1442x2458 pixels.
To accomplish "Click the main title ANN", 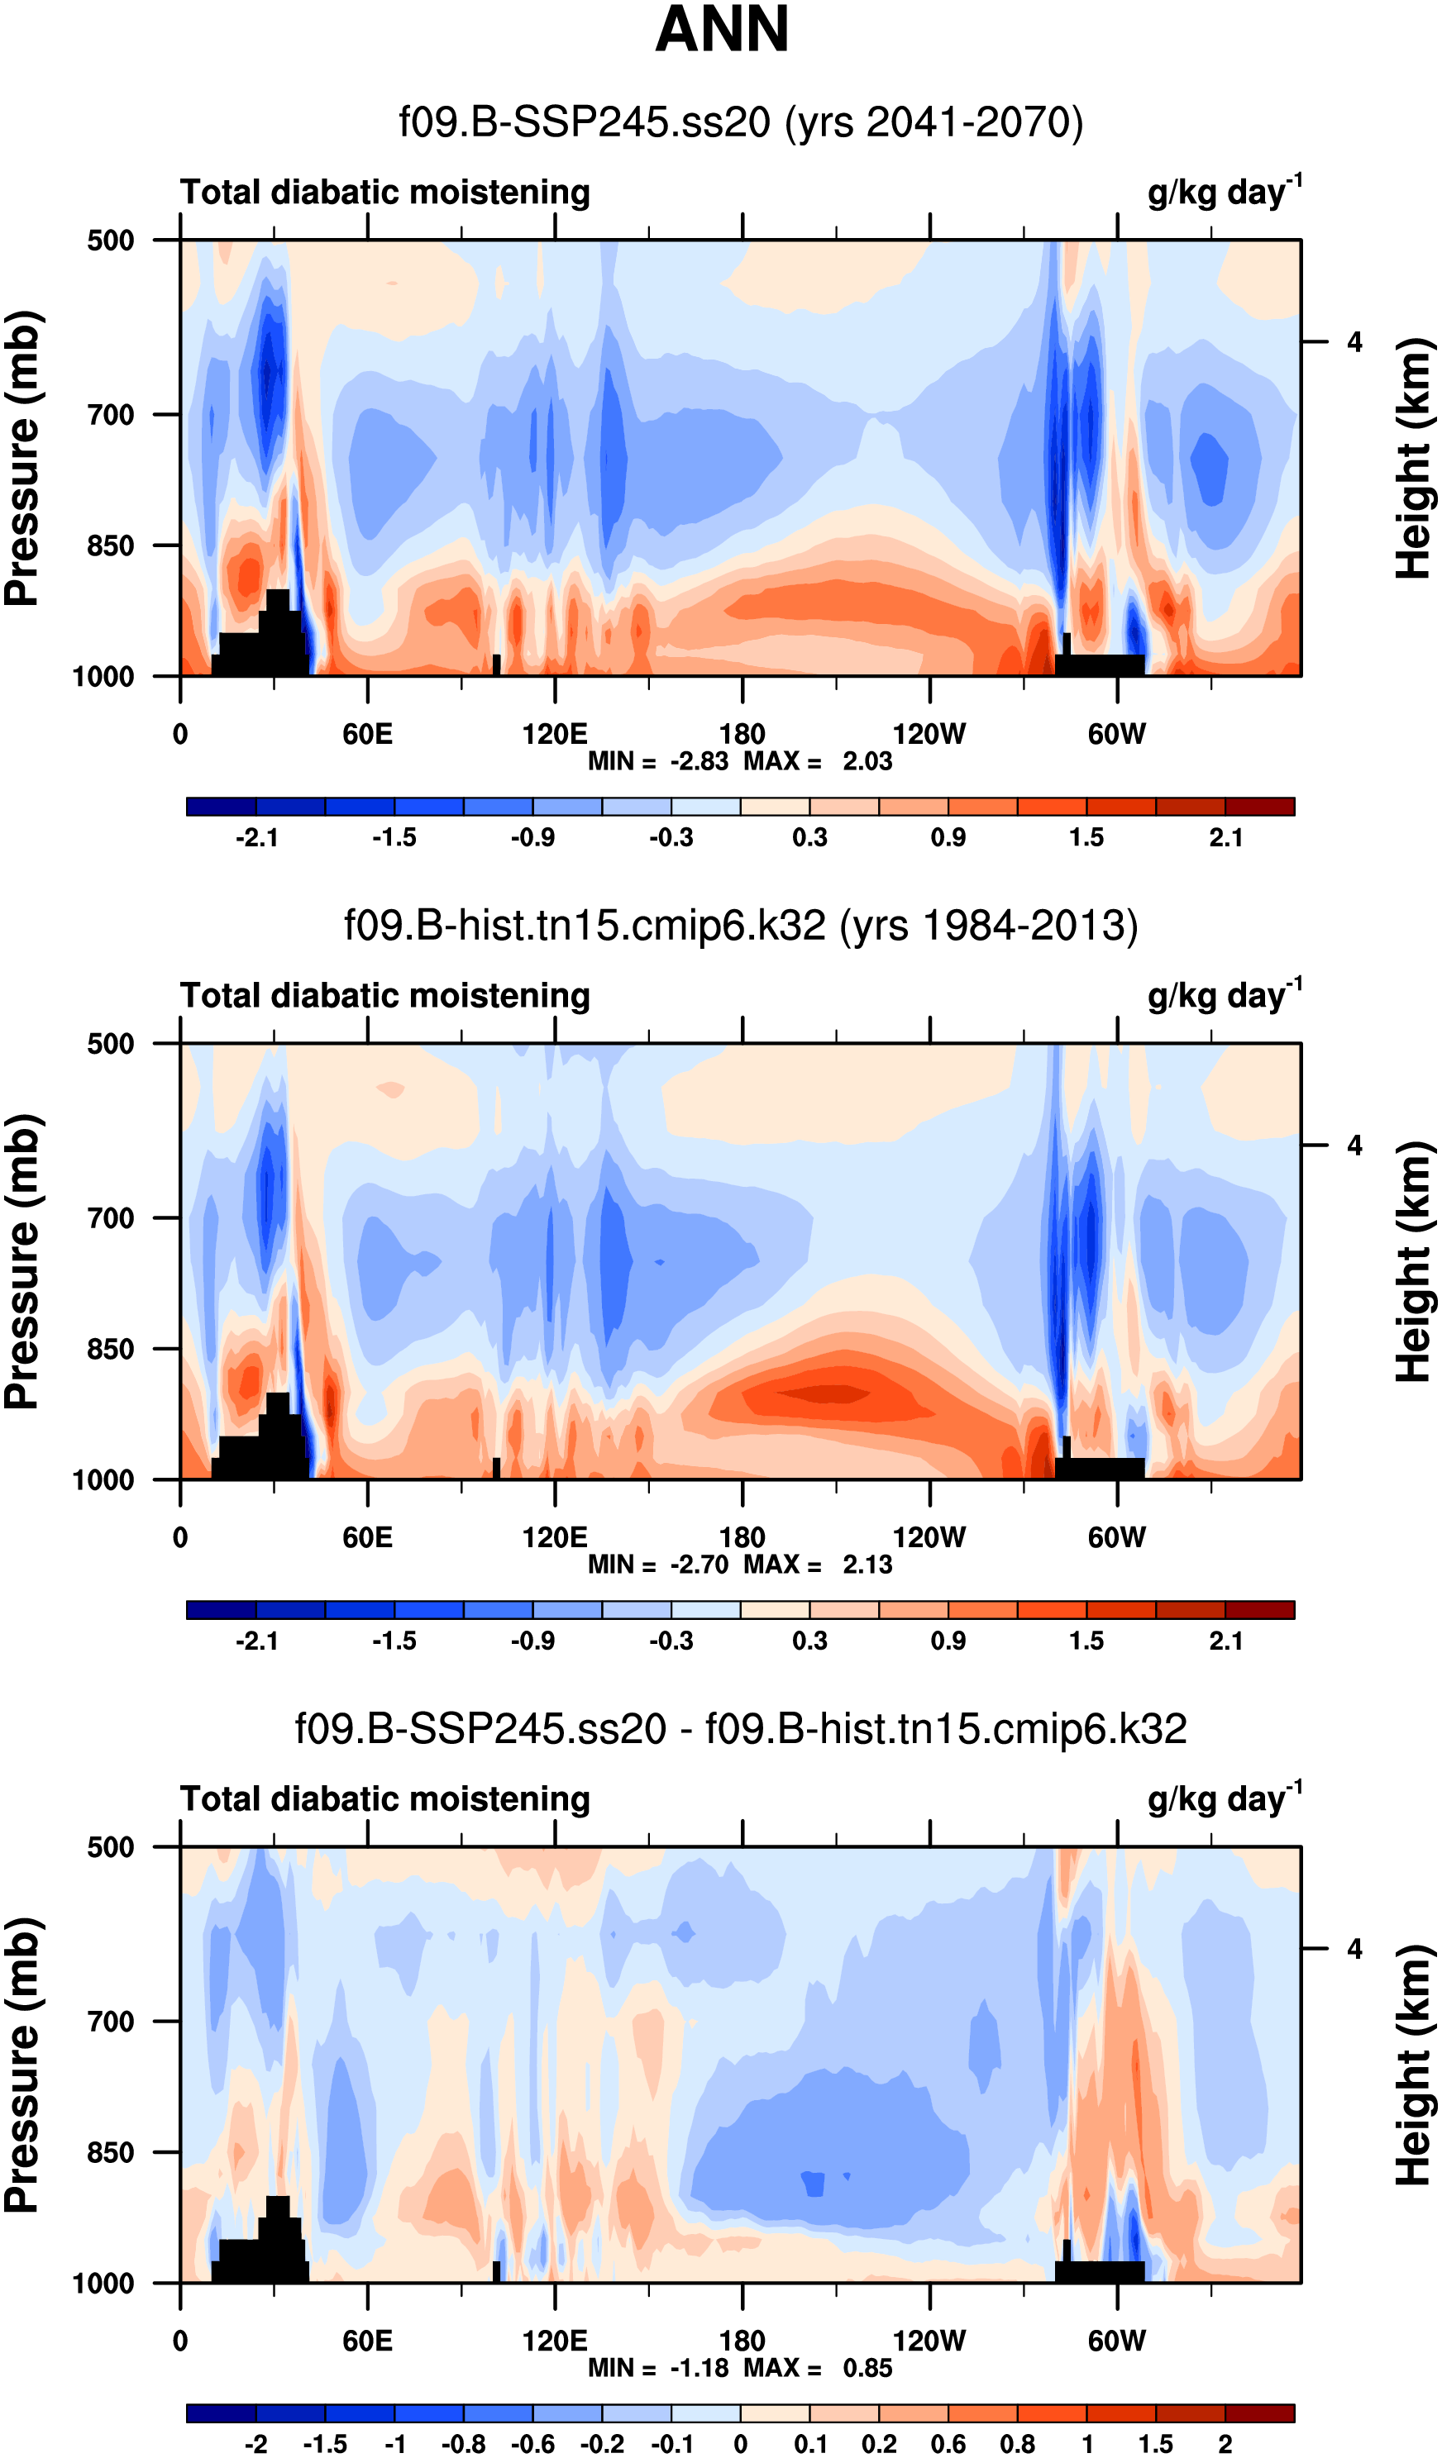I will pyautogui.click(x=721, y=29).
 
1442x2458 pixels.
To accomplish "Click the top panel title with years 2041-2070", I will pyautogui.click(x=741, y=123).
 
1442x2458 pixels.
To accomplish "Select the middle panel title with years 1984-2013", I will pyautogui.click(x=741, y=925).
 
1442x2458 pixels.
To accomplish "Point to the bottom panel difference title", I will pyautogui.click(x=741, y=1727).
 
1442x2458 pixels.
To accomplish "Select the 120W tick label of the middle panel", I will pyautogui.click(x=929, y=1537).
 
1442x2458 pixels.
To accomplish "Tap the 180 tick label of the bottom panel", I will pyautogui.click(x=742, y=2340).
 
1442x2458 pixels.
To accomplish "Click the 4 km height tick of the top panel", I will pyautogui.click(x=1354, y=342).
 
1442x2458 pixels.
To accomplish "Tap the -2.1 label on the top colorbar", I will pyautogui.click(x=256, y=838).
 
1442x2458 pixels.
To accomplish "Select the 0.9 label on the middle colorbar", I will pyautogui.click(x=948, y=1641).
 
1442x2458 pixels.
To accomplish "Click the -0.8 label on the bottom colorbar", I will pyautogui.click(x=463, y=2443).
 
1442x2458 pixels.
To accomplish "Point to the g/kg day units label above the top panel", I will pyautogui.click(x=1224, y=191).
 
